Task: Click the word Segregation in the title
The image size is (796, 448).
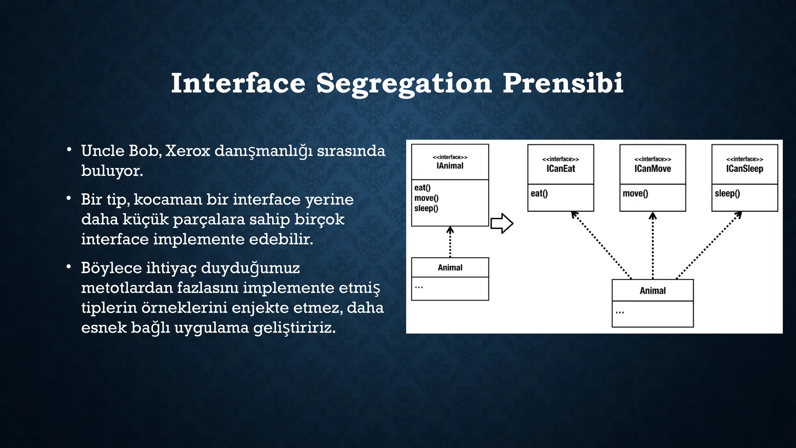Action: (x=404, y=84)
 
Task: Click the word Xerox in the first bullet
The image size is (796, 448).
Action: (x=187, y=151)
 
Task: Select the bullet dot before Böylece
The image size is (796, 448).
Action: (x=68, y=267)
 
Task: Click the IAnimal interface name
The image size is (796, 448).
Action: (x=450, y=166)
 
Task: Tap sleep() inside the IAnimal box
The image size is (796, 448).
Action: (x=426, y=208)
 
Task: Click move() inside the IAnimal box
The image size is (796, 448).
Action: (x=426, y=198)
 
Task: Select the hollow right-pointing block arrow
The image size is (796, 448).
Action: (x=502, y=223)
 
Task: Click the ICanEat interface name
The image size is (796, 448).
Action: (x=560, y=169)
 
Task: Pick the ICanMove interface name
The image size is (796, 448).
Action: (x=653, y=169)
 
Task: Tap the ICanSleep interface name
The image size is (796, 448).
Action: (x=744, y=169)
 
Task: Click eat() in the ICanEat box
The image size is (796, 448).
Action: (x=539, y=194)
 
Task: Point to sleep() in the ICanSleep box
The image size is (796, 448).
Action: (x=727, y=194)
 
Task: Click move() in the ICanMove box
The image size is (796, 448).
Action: (x=635, y=194)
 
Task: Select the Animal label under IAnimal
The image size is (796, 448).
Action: (x=450, y=268)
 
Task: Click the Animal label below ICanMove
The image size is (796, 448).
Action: (x=653, y=290)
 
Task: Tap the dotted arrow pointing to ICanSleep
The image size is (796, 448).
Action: (x=709, y=245)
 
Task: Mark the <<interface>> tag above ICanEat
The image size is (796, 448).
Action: (x=560, y=159)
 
